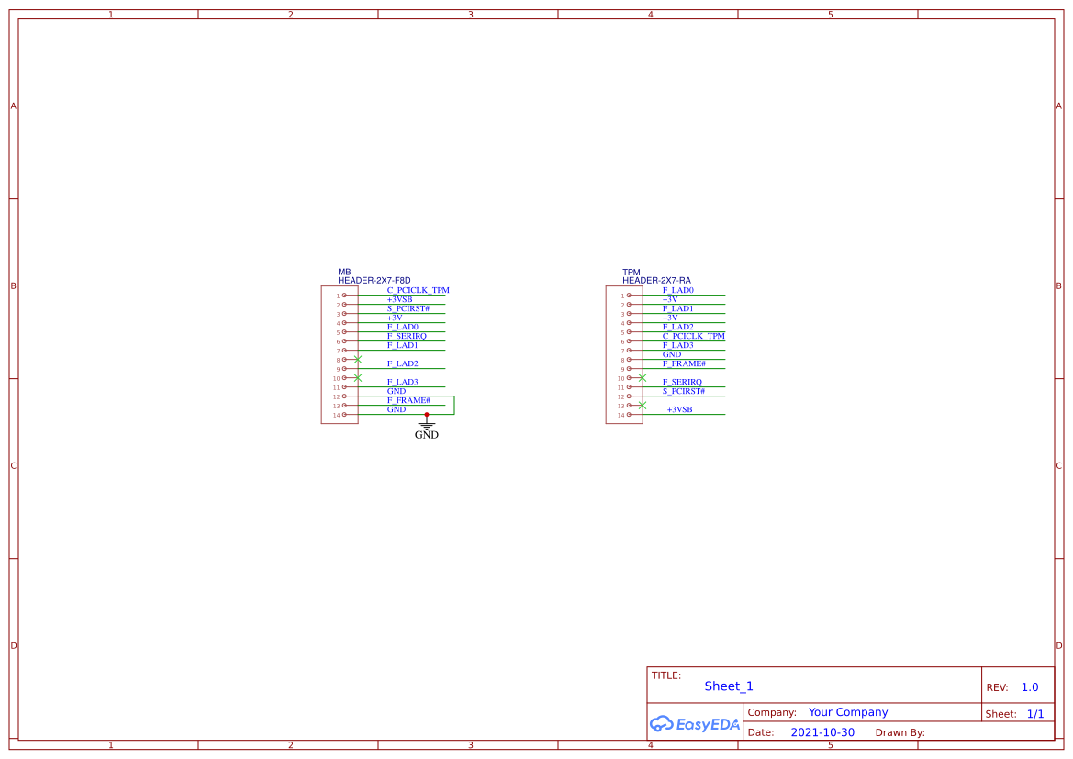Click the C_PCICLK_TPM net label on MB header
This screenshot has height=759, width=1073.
[418, 290]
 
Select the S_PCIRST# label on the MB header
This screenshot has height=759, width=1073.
[408, 308]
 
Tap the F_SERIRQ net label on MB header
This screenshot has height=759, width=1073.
[407, 336]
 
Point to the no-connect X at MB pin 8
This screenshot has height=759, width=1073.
[358, 359]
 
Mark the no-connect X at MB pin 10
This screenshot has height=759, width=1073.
[358, 377]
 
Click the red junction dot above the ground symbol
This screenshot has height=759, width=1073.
[427, 415]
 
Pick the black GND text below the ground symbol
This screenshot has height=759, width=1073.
[427, 435]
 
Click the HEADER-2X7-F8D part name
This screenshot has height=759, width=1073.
[374, 280]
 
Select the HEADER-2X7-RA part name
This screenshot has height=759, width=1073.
[656, 280]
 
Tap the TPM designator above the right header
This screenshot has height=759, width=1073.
[631, 273]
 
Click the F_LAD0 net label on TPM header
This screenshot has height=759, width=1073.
[678, 290]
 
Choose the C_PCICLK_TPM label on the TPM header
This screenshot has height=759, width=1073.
[693, 336]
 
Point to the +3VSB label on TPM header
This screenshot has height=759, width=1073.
[679, 409]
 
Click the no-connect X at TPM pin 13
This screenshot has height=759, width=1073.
[643, 405]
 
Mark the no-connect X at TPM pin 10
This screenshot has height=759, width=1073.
[643, 377]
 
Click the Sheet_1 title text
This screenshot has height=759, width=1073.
[729, 686]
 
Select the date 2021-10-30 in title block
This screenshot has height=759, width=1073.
[822, 732]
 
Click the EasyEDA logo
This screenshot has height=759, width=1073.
[694, 724]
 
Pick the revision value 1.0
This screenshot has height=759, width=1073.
[1030, 687]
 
